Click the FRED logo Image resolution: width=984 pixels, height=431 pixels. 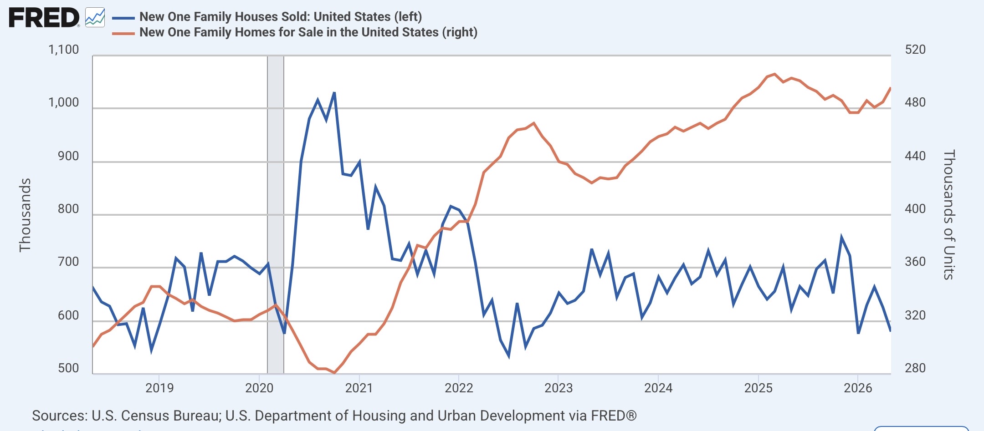pyautogui.click(x=44, y=18)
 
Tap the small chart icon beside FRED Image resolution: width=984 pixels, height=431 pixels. pyautogui.click(x=95, y=18)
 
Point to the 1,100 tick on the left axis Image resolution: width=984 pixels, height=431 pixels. pyautogui.click(x=64, y=50)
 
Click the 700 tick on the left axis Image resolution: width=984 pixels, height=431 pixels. pyautogui.click(x=69, y=262)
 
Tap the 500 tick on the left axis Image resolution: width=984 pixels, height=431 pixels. pyautogui.click(x=69, y=368)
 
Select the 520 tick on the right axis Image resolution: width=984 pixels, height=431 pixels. pyautogui.click(x=915, y=50)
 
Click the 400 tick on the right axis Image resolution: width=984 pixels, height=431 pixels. pyautogui.click(x=915, y=209)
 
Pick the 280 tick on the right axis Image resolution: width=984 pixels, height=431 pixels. pyautogui.click(x=915, y=368)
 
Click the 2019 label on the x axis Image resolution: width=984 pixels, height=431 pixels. pyautogui.click(x=159, y=388)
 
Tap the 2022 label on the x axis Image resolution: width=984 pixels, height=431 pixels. pyautogui.click(x=459, y=388)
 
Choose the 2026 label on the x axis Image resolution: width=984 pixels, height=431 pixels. pyautogui.click(x=858, y=388)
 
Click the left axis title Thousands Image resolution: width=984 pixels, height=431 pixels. pyautogui.click(x=25, y=215)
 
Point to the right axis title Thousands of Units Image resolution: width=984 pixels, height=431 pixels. pyautogui.click(x=948, y=215)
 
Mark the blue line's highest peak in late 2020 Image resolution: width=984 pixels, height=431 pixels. pyautogui.click(x=334, y=93)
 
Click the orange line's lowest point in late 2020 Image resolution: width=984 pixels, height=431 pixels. pyautogui.click(x=334, y=373)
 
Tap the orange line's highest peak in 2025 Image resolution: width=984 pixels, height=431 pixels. pyautogui.click(x=774, y=74)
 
